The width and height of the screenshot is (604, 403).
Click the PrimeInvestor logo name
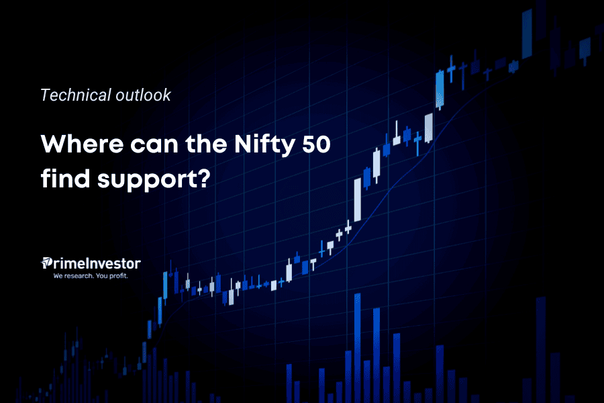tap(95, 263)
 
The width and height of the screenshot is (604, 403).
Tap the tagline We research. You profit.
tap(90, 275)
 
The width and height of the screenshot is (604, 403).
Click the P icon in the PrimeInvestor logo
tap(47, 263)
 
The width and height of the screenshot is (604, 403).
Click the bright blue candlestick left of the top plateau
tap(440, 89)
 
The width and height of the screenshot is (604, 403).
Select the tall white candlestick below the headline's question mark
tap(357, 199)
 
